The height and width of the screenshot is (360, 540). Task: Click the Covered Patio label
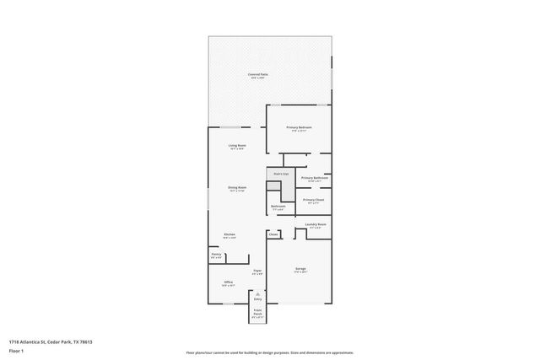259,74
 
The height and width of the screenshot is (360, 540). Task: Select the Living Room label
237,146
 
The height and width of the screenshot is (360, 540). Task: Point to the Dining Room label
237,188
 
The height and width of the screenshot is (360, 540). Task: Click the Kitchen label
229,235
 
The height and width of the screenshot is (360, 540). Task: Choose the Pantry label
216,255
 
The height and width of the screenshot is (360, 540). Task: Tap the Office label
228,282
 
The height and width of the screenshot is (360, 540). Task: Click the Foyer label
257,271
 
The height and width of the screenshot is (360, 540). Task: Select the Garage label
300,270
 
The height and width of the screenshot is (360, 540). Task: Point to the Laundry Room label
316,224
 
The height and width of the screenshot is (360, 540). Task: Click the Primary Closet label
314,201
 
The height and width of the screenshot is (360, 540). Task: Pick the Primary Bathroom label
314,179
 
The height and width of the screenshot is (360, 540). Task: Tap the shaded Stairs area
279,180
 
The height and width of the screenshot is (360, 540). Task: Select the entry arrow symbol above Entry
258,292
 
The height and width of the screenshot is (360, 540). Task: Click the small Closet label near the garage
273,234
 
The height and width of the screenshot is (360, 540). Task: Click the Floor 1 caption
15,350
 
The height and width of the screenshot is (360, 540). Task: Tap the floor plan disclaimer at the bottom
269,353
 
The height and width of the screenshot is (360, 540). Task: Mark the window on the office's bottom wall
228,304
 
